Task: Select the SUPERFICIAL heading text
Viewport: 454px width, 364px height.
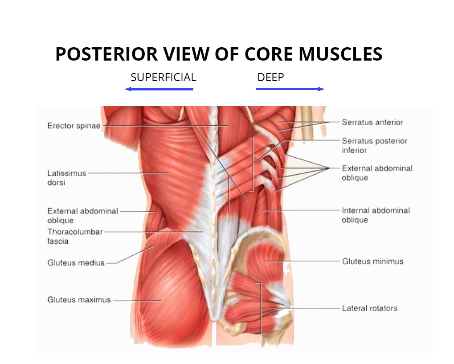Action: pyautogui.click(x=163, y=77)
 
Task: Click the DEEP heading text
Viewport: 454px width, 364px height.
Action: pyautogui.click(x=270, y=77)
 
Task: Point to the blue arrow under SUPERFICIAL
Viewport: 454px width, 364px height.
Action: pyautogui.click(x=159, y=89)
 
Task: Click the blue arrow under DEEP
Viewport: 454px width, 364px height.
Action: pyautogui.click(x=290, y=89)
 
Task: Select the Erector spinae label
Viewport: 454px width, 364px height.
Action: pyautogui.click(x=74, y=126)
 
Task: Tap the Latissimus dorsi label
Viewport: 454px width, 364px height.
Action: pyautogui.click(x=66, y=177)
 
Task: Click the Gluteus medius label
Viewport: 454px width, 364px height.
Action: pyautogui.click(x=76, y=263)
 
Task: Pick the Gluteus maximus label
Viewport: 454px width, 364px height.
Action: pyautogui.click(x=79, y=300)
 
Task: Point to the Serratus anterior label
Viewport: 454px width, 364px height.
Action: pyautogui.click(x=372, y=122)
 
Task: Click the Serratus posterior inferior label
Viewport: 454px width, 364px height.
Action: pyautogui.click(x=374, y=145)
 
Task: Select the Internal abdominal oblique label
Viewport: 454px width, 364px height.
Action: pyautogui.click(x=376, y=215)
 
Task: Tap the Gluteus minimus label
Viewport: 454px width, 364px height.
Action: pyautogui.click(x=372, y=262)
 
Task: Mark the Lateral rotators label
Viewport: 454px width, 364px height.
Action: pyautogui.click(x=369, y=308)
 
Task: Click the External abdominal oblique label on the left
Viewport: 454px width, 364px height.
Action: pyautogui.click(x=82, y=215)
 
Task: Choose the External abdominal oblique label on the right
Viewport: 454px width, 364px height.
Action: pyautogui.click(x=377, y=173)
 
